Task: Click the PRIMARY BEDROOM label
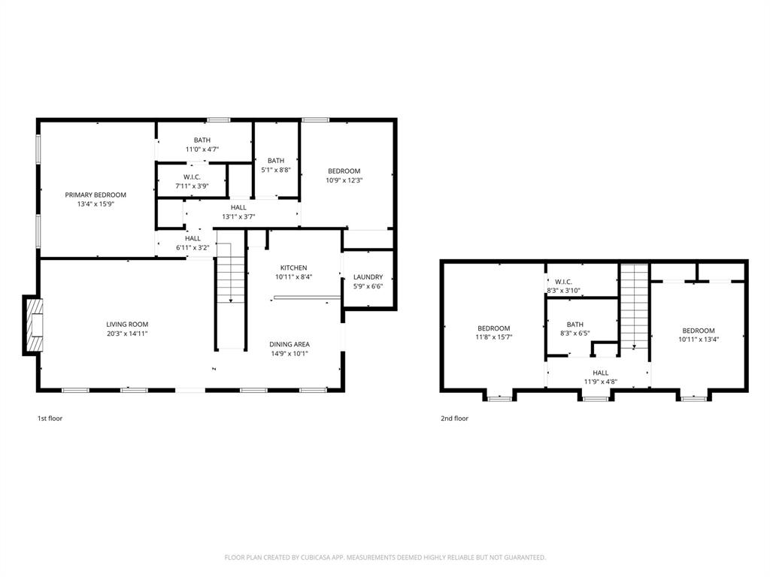[95, 195]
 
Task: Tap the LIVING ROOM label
[127, 324]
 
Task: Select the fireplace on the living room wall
[33, 325]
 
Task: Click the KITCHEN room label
[293, 267]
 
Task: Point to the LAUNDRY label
[368, 276]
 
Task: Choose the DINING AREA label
[290, 344]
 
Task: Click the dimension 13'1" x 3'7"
[238, 216]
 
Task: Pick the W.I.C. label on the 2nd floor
[563, 281]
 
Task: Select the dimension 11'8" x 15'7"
[494, 337]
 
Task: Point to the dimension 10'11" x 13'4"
[698, 339]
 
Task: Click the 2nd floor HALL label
[600, 373]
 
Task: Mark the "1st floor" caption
[50, 418]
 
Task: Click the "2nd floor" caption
[454, 418]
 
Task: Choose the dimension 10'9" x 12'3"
[344, 180]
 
